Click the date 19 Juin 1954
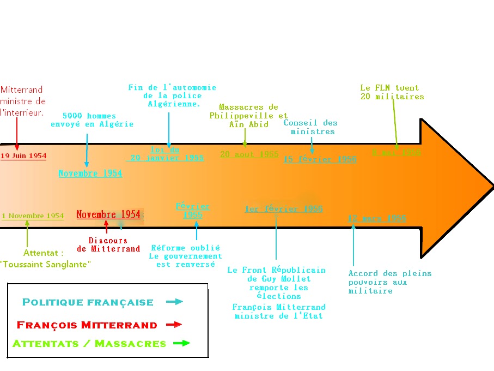click(23, 156)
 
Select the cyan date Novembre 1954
click(90, 173)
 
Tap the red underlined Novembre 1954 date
click(108, 214)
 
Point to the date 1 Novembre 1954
click(33, 216)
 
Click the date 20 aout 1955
click(249, 154)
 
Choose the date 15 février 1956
click(320, 159)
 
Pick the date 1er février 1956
click(284, 209)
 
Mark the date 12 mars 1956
click(377, 219)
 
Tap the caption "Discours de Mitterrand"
click(108, 245)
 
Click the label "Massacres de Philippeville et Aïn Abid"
click(249, 116)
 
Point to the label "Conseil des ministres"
click(310, 127)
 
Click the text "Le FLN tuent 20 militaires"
click(392, 92)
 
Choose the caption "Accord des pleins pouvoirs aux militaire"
click(390, 282)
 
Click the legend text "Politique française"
click(88, 302)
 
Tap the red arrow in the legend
click(174, 325)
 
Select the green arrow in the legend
click(182, 343)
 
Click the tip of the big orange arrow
click(492, 187)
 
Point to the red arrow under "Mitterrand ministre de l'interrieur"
click(17, 134)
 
